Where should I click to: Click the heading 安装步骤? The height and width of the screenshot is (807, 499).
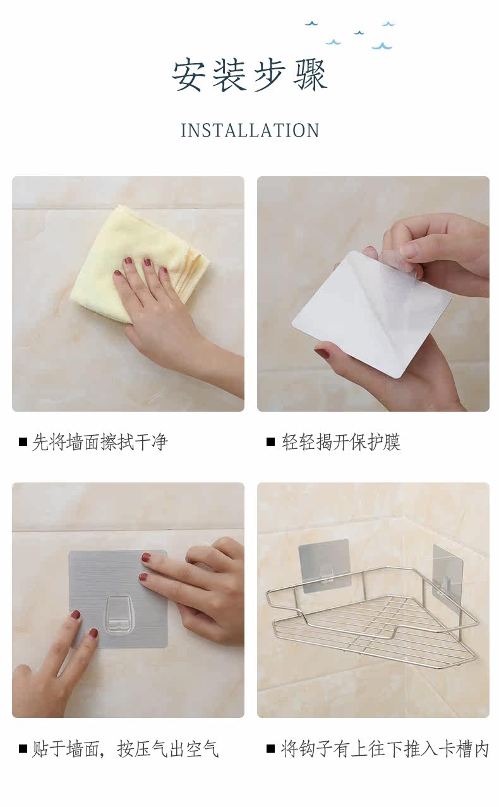pyautogui.click(x=249, y=76)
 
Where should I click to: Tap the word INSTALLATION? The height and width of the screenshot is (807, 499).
pyautogui.click(x=250, y=131)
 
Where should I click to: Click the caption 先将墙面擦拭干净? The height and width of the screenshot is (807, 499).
pyautogui.click(x=100, y=442)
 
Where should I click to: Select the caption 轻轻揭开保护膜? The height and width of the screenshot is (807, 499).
pyautogui.click(x=341, y=442)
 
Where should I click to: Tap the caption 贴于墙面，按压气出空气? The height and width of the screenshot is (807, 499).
pyautogui.click(x=125, y=750)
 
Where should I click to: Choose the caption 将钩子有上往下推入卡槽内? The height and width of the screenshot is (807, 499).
pyautogui.click(x=385, y=750)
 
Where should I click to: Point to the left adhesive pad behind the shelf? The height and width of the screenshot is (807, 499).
pyautogui.click(x=324, y=565)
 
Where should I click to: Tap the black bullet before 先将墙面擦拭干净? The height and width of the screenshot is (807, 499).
pyautogui.click(x=23, y=442)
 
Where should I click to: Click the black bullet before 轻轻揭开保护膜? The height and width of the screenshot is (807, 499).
pyautogui.click(x=270, y=442)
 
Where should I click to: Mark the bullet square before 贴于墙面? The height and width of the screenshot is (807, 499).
pyautogui.click(x=23, y=750)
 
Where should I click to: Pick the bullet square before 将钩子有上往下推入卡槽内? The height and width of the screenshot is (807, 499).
pyautogui.click(x=270, y=750)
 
